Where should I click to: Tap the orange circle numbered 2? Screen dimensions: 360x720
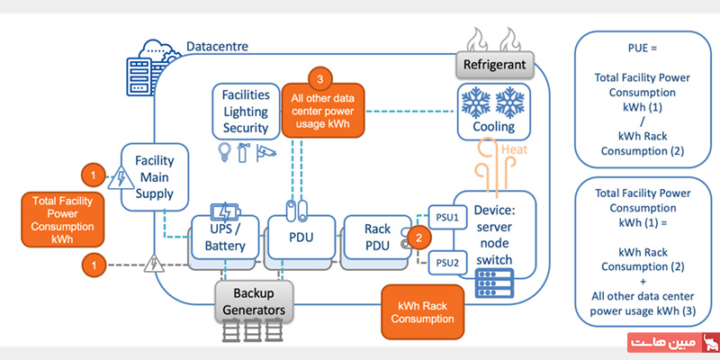coord(418,238)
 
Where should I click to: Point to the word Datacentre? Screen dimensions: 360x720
coord(217,45)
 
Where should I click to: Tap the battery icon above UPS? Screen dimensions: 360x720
coord(222,212)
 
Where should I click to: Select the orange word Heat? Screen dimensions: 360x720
coord(514,151)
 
